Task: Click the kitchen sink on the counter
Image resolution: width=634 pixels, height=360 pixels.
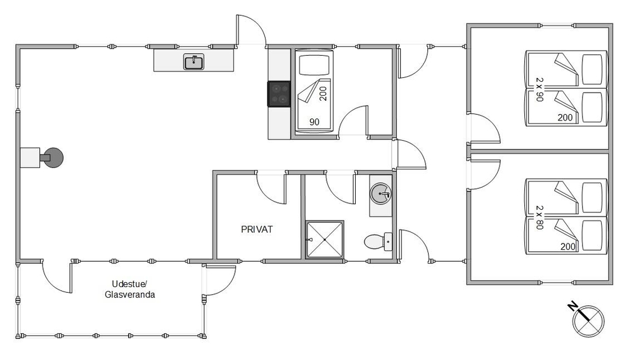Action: point(193,62)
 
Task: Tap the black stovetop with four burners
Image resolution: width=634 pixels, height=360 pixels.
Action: point(279,94)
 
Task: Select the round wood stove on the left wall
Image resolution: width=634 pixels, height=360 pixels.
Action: point(53,158)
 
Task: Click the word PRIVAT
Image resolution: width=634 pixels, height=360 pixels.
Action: point(257,229)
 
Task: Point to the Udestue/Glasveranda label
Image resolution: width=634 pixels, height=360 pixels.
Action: point(130,289)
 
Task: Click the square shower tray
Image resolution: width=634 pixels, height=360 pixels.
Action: point(325,239)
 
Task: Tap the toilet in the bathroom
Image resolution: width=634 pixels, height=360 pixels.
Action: point(378,241)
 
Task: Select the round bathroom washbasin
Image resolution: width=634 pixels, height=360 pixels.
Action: point(380,193)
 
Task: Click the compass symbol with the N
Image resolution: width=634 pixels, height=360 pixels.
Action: point(586,319)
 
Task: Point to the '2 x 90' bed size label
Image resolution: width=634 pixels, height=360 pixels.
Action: point(540,89)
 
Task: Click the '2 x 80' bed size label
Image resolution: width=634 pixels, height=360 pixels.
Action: point(540,217)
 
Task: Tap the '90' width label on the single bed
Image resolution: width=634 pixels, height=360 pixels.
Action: point(314,122)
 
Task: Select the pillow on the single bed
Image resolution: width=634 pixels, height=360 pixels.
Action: point(314,65)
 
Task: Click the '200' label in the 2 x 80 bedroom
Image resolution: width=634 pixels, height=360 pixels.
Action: point(567,247)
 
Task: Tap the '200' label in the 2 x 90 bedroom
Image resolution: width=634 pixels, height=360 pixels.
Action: point(565,118)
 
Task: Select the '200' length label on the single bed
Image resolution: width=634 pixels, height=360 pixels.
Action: point(323,93)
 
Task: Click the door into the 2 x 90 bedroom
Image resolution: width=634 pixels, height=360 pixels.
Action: point(484,129)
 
